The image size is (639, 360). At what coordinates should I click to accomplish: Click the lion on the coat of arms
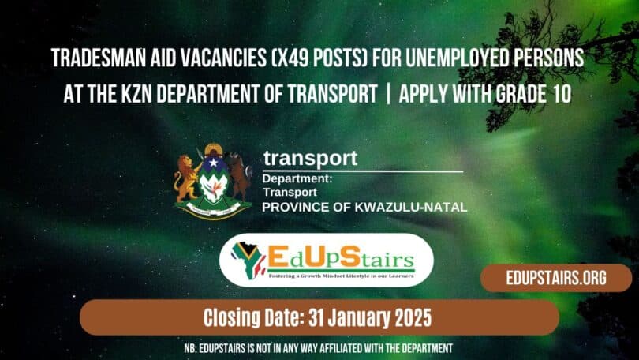pyautogui.click(x=186, y=178)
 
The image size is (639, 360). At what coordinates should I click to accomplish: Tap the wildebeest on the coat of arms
pyautogui.click(x=238, y=175)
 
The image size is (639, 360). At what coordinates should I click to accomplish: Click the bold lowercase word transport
pyautogui.click(x=310, y=158)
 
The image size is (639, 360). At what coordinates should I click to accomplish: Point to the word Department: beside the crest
pyautogui.click(x=297, y=179)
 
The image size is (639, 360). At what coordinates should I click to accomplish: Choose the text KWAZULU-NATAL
pyautogui.click(x=420, y=206)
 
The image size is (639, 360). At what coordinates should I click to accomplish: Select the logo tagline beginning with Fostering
pyautogui.click(x=341, y=277)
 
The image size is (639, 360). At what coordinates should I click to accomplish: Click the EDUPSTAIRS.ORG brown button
pyautogui.click(x=555, y=279)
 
